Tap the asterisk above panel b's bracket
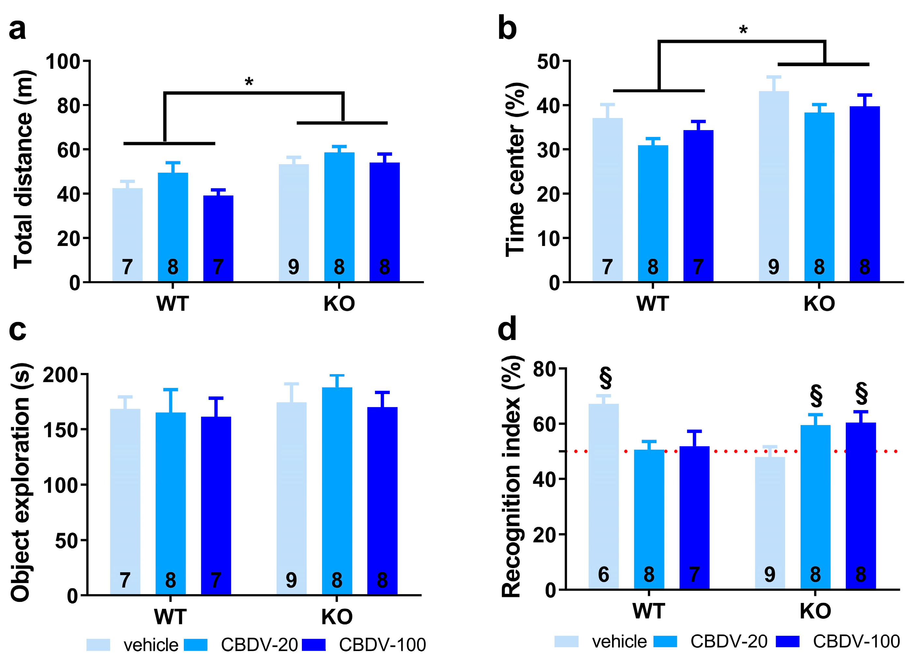click(743, 30)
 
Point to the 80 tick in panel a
click(68, 106)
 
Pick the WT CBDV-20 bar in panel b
click(653, 213)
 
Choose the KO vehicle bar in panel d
click(769, 523)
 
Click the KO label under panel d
click(815, 611)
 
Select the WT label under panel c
click(170, 617)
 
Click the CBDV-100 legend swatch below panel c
click(314, 645)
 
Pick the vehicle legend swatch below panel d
click(566, 641)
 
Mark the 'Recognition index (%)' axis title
click(512, 476)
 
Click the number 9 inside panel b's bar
click(774, 267)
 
